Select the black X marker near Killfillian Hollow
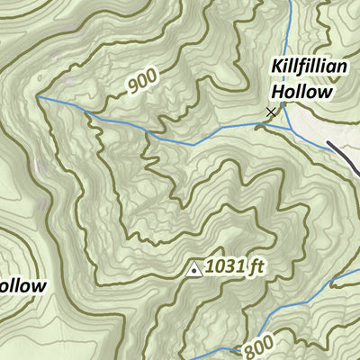[271, 112]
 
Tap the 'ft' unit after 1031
[257, 266]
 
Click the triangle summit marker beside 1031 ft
[193, 267]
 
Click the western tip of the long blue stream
[39, 95]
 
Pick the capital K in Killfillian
[275, 69]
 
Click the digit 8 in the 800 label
[249, 346]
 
